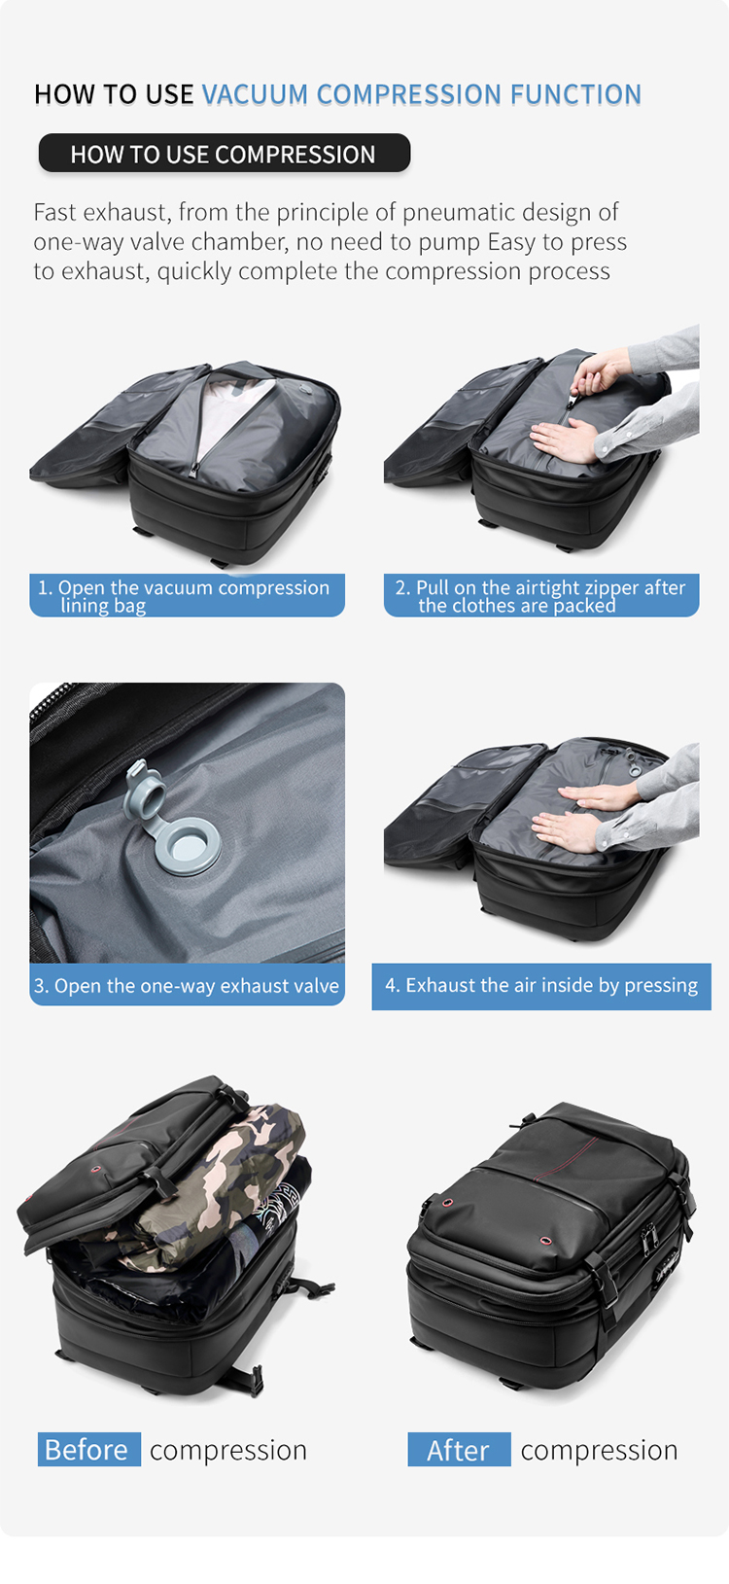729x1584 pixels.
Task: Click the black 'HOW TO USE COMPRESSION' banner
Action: click(224, 154)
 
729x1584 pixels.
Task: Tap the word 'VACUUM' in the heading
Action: click(255, 94)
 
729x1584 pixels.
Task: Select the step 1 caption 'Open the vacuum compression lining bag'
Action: click(187, 595)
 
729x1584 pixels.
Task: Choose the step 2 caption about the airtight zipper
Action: click(541, 595)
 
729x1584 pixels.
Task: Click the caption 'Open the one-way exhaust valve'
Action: click(187, 985)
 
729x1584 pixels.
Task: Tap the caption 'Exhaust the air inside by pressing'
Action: click(541, 985)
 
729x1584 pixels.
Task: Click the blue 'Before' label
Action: click(87, 1449)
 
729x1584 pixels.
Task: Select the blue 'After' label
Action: click(459, 1449)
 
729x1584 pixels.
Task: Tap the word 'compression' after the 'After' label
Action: click(599, 1449)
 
